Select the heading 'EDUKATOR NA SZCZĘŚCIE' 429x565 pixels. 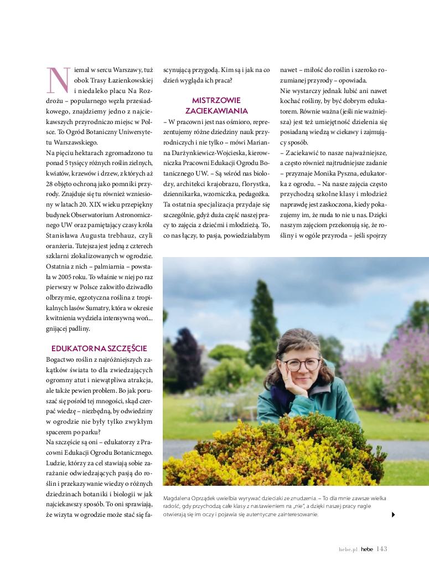99,348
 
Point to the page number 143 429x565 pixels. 381,549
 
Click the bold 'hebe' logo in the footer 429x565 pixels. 367,549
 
